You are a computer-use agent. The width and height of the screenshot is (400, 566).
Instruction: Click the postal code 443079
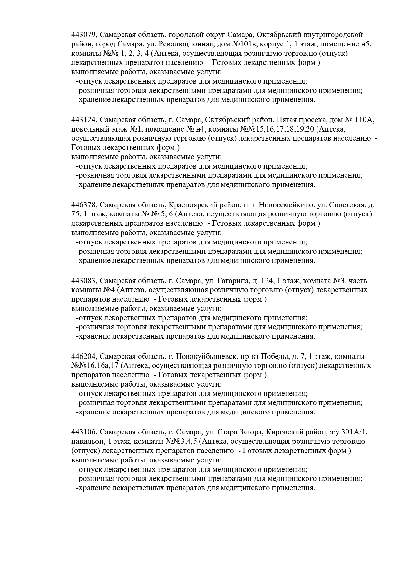point(83,35)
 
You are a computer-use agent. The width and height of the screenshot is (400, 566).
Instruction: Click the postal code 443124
point(83,120)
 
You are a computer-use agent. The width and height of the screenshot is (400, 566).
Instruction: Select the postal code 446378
point(83,205)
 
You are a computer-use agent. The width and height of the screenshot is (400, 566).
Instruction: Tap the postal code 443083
point(83,281)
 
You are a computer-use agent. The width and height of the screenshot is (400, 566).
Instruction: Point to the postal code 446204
point(83,357)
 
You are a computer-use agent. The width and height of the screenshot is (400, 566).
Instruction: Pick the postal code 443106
point(83,432)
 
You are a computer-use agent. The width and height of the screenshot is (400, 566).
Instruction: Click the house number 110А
point(364,120)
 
